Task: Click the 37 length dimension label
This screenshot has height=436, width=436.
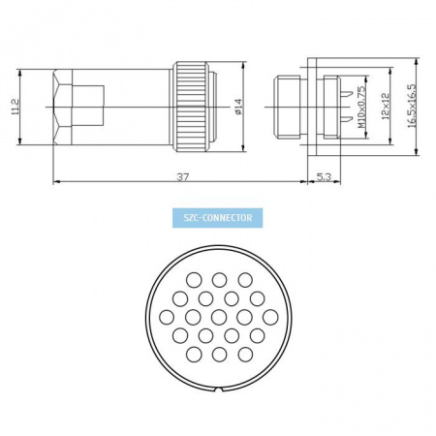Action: point(182,176)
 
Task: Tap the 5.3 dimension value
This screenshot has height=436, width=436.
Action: point(324,176)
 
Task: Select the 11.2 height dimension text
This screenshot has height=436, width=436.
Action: point(16,107)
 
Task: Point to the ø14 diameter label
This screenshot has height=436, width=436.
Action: point(238,107)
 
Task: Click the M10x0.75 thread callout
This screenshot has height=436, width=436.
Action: point(362,107)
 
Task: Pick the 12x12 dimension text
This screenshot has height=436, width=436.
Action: point(386,107)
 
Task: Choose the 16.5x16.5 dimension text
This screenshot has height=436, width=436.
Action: point(412,107)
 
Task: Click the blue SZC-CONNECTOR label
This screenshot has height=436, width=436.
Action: point(217,218)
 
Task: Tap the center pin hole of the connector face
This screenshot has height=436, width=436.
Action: point(219,317)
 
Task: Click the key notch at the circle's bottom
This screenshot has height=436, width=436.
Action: point(219,390)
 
